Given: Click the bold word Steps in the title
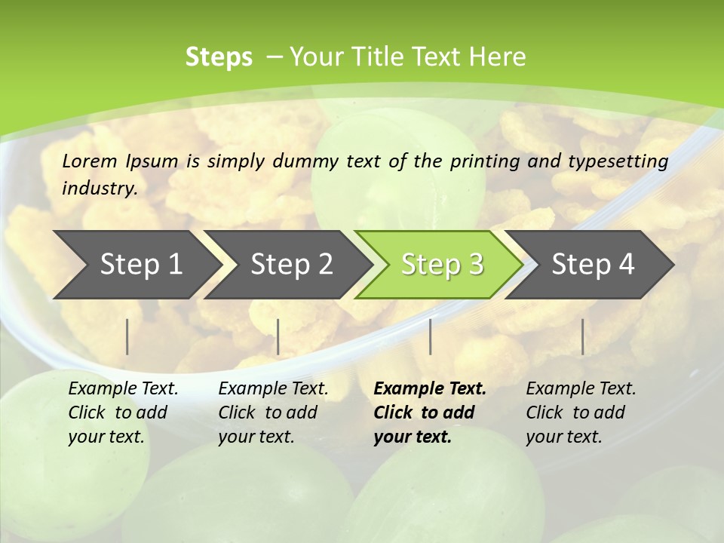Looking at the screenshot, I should pyautogui.click(x=219, y=57).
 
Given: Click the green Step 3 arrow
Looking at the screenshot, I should pyautogui.click(x=442, y=265).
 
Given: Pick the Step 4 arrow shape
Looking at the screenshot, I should pyautogui.click(x=593, y=265).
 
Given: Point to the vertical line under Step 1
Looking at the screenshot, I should pyautogui.click(x=127, y=336).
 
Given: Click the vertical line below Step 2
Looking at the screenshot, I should pyautogui.click(x=278, y=336).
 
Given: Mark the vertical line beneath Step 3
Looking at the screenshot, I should pyautogui.click(x=430, y=336).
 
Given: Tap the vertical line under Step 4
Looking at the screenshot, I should pyautogui.click(x=582, y=336).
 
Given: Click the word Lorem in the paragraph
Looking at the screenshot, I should pyautogui.click(x=89, y=161).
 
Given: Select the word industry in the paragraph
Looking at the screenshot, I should pyautogui.click(x=99, y=189).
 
